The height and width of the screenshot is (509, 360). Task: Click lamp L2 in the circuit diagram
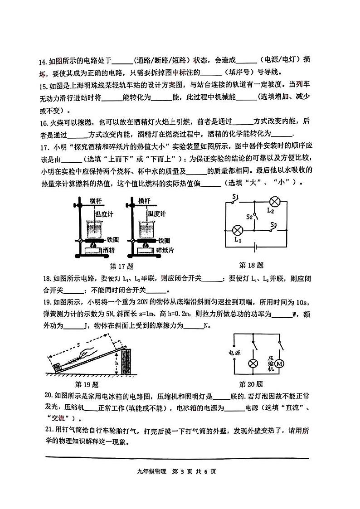point(274,201)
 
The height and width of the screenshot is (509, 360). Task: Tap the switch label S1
point(235,196)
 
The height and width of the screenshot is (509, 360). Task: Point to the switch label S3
point(273,224)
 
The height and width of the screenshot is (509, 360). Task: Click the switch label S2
point(249,217)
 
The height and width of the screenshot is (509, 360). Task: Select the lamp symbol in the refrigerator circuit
point(252,364)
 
